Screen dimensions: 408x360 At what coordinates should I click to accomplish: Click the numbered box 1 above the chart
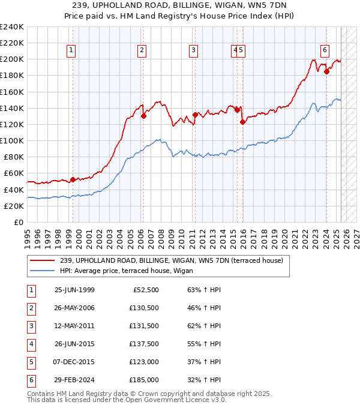(x=71, y=50)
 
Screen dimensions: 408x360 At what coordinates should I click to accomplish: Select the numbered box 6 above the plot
(x=325, y=50)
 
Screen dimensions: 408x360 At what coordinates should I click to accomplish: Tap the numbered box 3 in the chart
(x=194, y=50)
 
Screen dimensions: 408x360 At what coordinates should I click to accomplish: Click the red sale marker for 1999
(x=73, y=179)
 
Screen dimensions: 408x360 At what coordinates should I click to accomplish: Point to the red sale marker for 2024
(x=326, y=71)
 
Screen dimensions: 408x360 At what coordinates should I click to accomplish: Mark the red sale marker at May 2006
(x=143, y=116)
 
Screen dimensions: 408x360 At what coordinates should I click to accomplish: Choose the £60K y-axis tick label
(x=13, y=173)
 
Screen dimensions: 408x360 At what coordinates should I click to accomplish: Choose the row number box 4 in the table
(x=31, y=344)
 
